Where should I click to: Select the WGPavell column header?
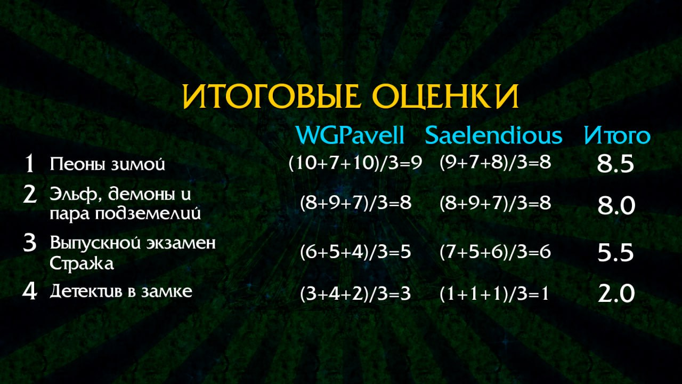click(x=350, y=135)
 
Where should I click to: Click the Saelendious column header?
click(x=493, y=135)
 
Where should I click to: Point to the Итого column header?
click(x=617, y=135)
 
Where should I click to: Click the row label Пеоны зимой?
click(x=107, y=164)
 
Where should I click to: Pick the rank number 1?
click(x=29, y=163)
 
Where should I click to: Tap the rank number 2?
click(x=30, y=195)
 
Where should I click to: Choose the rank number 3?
click(x=29, y=243)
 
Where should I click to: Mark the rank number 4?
click(x=30, y=291)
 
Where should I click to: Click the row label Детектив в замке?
click(x=121, y=291)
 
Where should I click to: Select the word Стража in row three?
click(x=82, y=263)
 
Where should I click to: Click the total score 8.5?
click(x=615, y=164)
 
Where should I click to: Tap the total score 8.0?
click(x=616, y=206)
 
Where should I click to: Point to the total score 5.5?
click(x=615, y=253)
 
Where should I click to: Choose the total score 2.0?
click(x=616, y=294)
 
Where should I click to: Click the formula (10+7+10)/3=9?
click(x=355, y=163)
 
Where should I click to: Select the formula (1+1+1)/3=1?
click(x=494, y=294)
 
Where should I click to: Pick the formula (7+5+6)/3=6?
click(x=495, y=252)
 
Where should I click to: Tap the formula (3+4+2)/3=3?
click(x=355, y=294)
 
